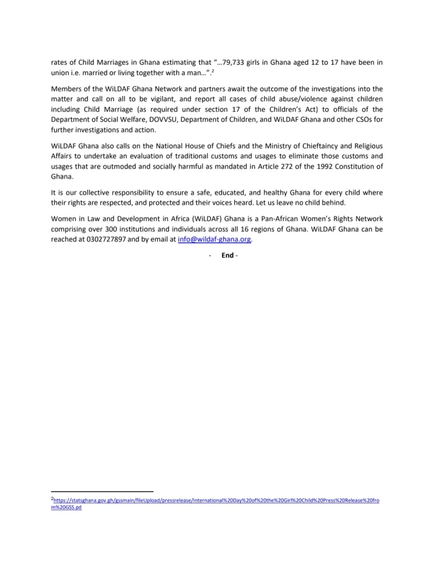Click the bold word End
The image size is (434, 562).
tap(227, 255)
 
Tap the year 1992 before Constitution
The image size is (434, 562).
tap(329, 166)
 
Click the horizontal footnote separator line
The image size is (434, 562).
tap(102, 491)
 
